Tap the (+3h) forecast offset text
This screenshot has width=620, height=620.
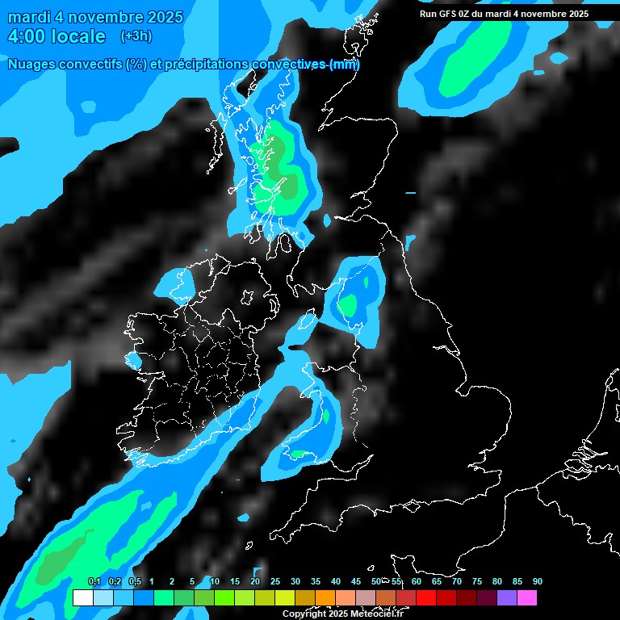136,36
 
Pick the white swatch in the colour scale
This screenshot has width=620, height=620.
82,598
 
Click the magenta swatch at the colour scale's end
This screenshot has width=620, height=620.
527,598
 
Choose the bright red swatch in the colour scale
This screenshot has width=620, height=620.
426,598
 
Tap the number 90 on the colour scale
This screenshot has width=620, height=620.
537,582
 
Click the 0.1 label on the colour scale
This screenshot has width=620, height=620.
94,582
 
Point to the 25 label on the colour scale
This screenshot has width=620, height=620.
275,582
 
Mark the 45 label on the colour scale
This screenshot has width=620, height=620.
356,582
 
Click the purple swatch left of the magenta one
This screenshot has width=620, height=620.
507,598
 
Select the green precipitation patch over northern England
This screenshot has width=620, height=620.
349,305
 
